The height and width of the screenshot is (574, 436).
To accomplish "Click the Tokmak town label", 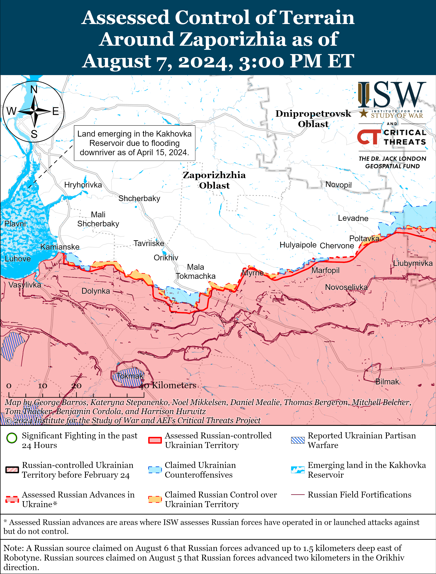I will [x=129, y=376].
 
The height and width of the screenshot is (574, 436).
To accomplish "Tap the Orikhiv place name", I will [x=166, y=258].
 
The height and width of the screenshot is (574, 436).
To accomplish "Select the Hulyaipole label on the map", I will [x=298, y=245].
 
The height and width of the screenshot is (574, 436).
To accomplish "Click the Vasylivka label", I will [x=25, y=285].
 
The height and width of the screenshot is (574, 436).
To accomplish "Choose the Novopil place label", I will [x=338, y=185].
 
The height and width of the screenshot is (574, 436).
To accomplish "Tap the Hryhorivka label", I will [x=83, y=185].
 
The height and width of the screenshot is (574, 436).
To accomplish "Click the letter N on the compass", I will [x=34, y=90].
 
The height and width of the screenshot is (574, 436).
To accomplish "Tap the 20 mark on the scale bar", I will [x=76, y=386].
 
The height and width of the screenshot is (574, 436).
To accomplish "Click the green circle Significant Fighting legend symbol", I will [x=12, y=438].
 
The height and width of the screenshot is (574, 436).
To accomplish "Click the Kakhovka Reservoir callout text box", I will [x=134, y=143].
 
